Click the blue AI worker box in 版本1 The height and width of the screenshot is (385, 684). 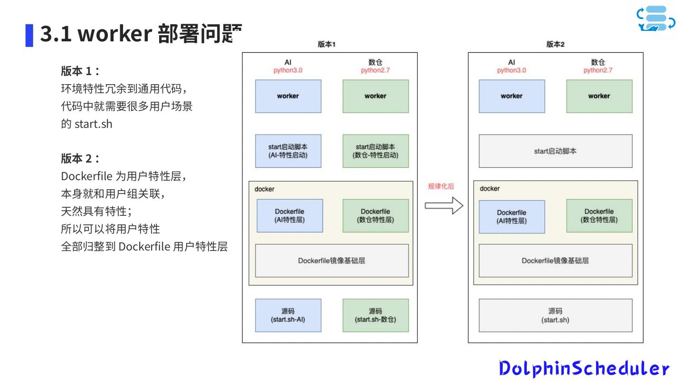288,96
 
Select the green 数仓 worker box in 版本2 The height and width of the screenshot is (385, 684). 599,96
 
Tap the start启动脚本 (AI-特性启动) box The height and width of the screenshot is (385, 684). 288,151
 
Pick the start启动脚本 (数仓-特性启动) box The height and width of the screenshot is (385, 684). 375,151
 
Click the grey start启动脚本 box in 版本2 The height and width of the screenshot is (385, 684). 555,151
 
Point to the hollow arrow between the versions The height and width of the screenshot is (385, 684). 444,205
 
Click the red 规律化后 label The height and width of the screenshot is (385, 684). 441,186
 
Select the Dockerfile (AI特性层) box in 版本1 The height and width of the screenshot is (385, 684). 290,216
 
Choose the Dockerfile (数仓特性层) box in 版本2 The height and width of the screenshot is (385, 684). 599,216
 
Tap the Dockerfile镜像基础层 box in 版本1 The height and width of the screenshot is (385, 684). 332,260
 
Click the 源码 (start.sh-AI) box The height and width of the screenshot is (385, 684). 288,315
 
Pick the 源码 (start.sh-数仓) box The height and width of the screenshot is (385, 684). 375,315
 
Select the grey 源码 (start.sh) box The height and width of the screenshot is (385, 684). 555,315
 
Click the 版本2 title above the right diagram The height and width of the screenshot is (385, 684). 555,44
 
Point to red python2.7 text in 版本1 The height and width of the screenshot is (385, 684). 375,70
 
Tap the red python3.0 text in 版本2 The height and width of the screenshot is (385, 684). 512,70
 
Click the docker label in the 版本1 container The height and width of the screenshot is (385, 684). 265,189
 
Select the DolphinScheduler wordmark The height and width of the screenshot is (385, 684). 584,368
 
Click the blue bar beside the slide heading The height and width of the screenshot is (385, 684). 29,36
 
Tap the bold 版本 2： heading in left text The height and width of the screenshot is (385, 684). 80,158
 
